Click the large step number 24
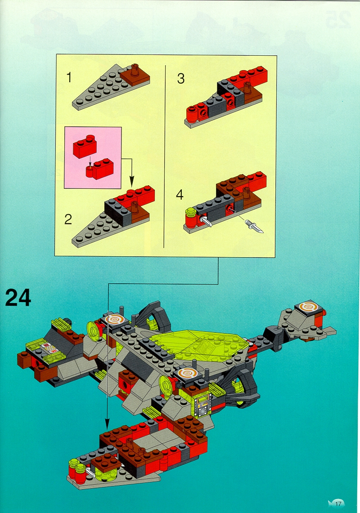[x=18, y=297]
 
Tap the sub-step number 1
[x=69, y=77]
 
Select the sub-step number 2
[x=68, y=219]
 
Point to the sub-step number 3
[x=181, y=79]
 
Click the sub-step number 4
[x=180, y=195]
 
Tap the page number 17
[x=338, y=504]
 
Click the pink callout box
[x=93, y=157]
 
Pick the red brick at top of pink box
[x=85, y=146]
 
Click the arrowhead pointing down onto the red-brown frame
[x=107, y=424]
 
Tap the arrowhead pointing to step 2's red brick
[x=131, y=183]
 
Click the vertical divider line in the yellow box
[x=164, y=156]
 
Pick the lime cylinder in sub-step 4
[x=189, y=212]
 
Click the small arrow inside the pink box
[x=90, y=161]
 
